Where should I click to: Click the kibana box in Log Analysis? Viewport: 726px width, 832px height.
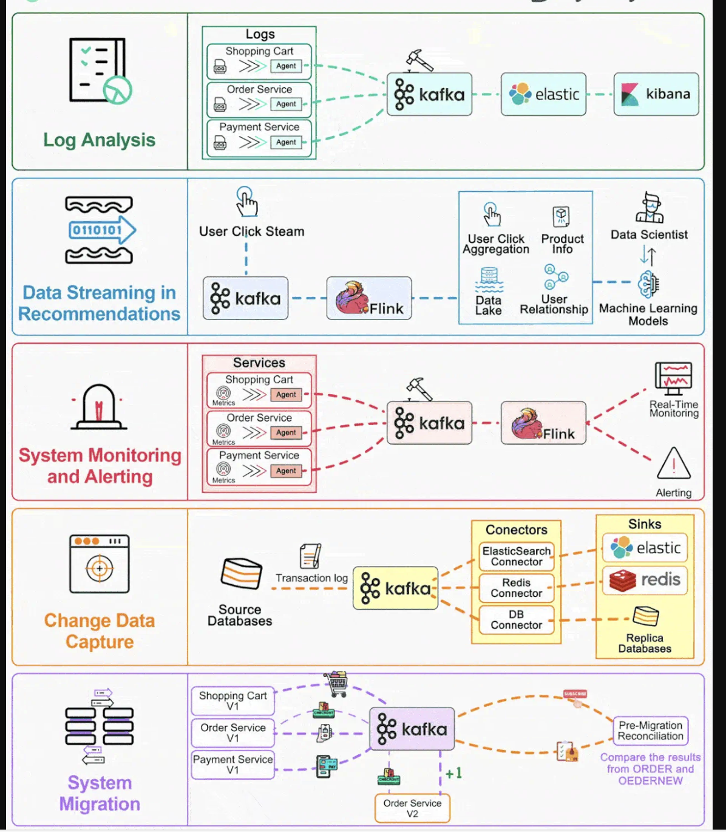(656, 94)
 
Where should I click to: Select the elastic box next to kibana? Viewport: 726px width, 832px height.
(543, 94)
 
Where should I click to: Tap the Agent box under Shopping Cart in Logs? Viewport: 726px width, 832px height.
(286, 66)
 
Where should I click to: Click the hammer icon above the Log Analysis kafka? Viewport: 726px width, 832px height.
(419, 61)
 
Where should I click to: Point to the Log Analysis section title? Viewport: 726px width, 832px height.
(99, 140)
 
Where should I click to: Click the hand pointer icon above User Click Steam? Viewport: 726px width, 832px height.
(246, 202)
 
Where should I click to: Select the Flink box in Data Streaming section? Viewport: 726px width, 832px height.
(369, 298)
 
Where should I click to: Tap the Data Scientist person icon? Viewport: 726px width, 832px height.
(650, 208)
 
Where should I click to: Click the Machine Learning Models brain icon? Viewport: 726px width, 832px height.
(648, 283)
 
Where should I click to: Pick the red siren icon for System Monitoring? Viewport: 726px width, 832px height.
(99, 406)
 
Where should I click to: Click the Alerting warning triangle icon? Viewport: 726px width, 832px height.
(673, 464)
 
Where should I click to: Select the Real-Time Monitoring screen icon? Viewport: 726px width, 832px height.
(673, 378)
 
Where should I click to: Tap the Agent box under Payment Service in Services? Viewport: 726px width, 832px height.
(286, 471)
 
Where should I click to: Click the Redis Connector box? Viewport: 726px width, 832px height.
(516, 588)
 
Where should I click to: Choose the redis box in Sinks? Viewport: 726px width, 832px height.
(645, 579)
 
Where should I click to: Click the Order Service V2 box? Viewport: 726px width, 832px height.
(412, 808)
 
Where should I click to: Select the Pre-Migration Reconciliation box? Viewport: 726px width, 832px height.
(650, 731)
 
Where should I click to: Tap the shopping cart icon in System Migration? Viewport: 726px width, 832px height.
(336, 684)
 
